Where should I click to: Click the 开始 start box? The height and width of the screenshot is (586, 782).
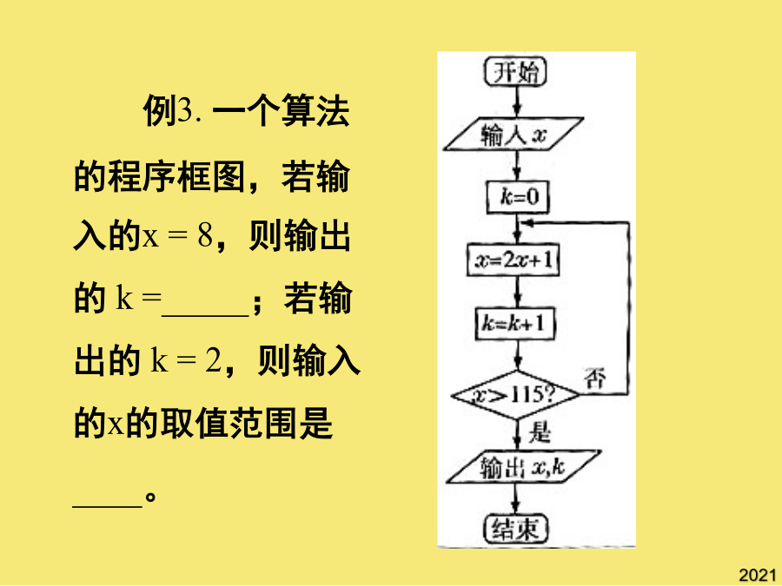515,72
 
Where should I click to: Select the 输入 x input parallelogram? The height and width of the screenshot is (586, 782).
514,134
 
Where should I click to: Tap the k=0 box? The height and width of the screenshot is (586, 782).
518,197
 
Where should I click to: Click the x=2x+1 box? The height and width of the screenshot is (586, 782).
514,260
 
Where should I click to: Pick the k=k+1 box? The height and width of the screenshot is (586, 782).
515,324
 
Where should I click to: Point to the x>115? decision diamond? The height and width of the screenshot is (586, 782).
515,396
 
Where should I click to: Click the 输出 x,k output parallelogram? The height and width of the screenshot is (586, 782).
523,467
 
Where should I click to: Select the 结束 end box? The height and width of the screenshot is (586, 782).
515,529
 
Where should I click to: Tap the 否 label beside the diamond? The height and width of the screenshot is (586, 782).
595,378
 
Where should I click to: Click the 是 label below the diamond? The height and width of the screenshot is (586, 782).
540,431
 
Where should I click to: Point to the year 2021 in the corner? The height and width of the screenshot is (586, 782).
758,575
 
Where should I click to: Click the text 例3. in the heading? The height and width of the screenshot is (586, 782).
172,110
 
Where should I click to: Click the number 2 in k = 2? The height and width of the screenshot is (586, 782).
213,360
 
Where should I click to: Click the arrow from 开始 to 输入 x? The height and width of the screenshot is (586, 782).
517,102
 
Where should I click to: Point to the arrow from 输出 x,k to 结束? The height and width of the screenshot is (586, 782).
516,499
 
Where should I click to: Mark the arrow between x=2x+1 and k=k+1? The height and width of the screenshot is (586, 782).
517,292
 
